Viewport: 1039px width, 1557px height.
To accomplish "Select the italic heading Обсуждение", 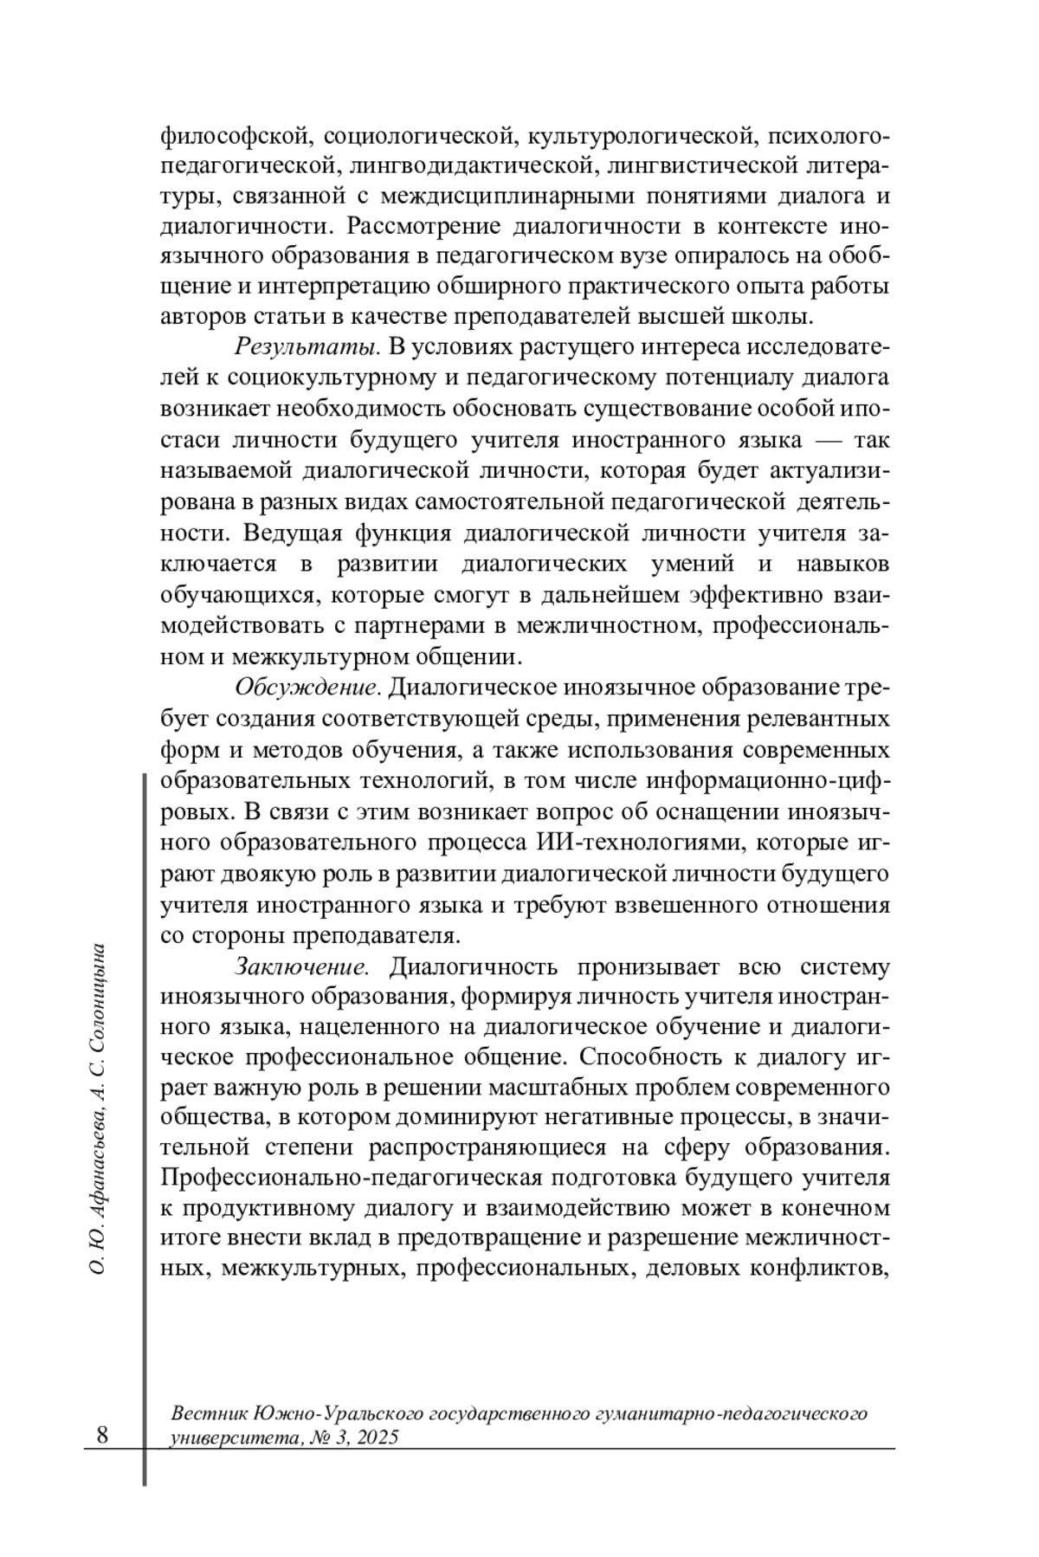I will click(307, 688).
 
